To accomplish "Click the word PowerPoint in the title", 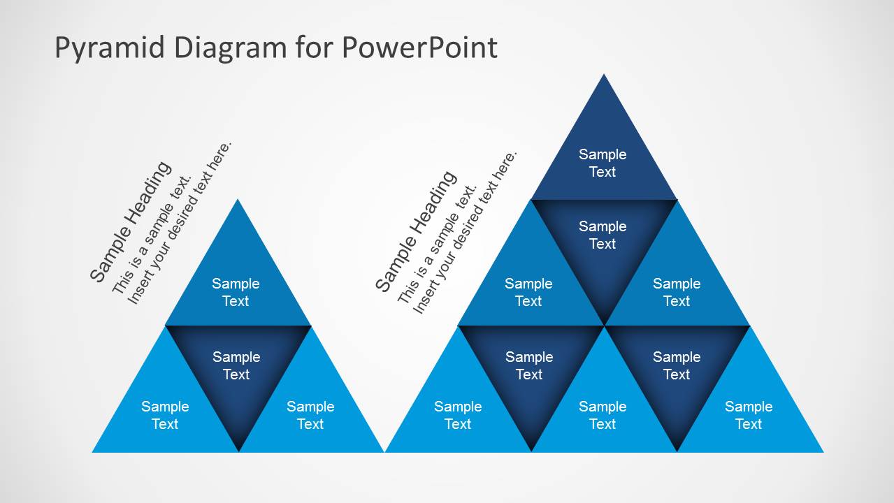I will click(419, 48).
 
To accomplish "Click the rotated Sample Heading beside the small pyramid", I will click(130, 221).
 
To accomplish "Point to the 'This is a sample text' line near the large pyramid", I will click(437, 245).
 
